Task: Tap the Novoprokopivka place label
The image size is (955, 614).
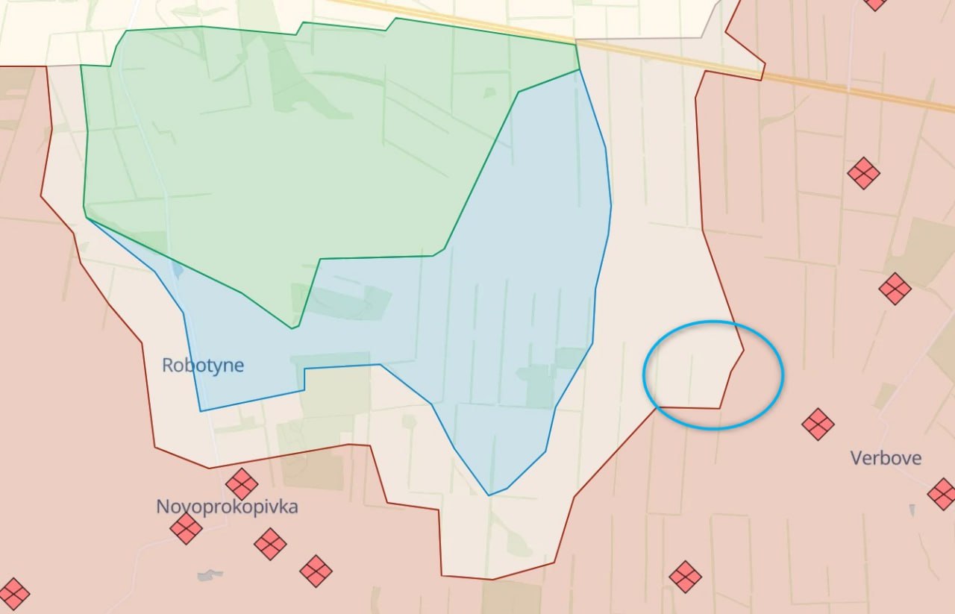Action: point(227,507)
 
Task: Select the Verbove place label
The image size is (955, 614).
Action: point(886,457)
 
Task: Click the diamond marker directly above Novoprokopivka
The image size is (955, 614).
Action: point(242,484)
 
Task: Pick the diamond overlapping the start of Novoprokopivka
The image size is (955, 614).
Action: point(186,529)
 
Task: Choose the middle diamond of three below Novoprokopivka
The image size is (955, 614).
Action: point(270,544)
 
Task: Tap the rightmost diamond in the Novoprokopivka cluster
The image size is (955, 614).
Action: point(316,571)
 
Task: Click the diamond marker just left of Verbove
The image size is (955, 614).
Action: point(818,424)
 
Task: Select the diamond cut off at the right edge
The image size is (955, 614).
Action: point(942,494)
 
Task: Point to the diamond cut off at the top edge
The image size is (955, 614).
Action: point(875,3)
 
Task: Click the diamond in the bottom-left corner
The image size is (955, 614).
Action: point(13,594)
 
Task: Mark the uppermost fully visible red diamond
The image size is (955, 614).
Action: point(863,173)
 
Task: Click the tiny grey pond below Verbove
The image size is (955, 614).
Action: point(912,511)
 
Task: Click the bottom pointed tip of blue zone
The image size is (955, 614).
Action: point(489,494)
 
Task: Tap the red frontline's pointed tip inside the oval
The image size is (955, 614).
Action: point(743,350)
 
